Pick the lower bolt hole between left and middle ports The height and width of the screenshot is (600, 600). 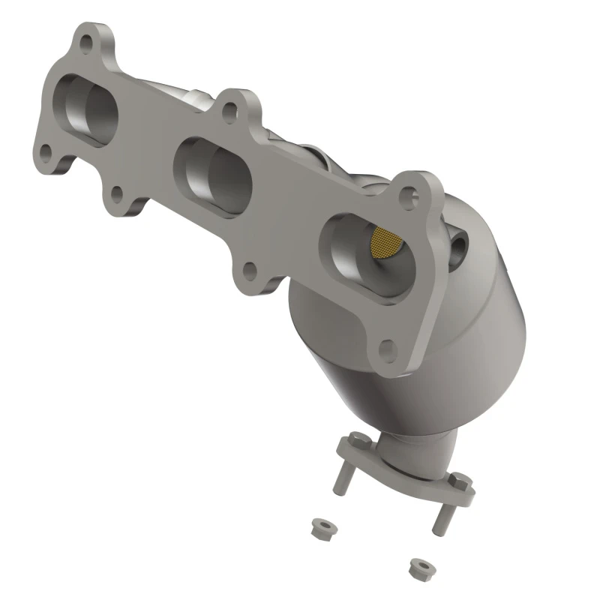coord(116,196)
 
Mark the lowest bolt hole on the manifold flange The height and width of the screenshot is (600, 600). coord(387,349)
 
